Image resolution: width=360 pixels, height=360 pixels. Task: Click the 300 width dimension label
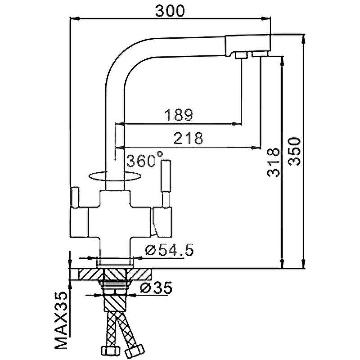170,11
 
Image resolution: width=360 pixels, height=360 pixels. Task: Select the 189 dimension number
179,115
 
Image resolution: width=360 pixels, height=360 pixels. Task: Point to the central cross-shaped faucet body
115,216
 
